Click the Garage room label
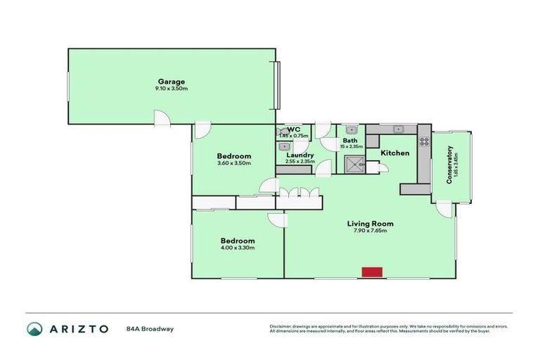click(166, 81)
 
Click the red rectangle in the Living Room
click(371, 271)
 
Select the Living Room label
click(370, 224)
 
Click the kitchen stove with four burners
click(424, 141)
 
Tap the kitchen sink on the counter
click(398, 129)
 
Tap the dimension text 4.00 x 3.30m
click(236, 248)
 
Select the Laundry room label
click(300, 155)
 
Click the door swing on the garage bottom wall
click(162, 117)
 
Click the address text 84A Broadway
click(150, 328)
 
